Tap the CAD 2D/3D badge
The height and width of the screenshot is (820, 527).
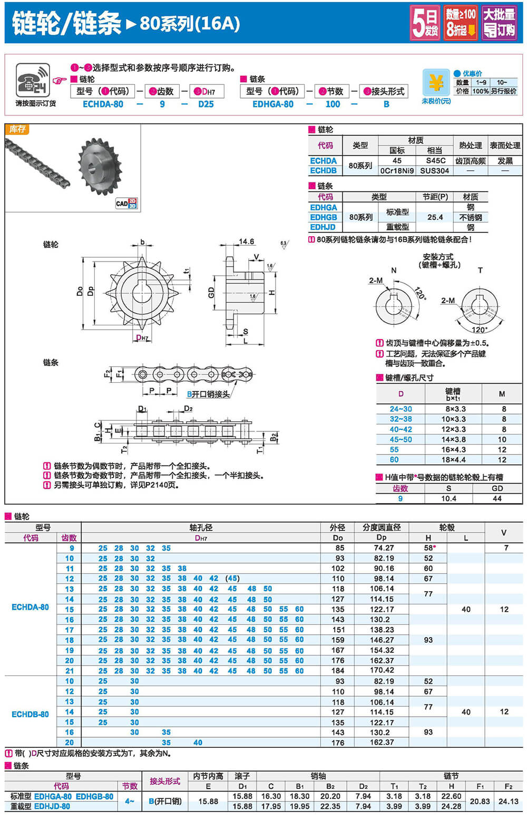(x=126, y=203)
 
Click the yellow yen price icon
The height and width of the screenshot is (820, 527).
(x=436, y=83)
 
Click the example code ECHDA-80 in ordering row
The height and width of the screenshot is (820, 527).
(x=103, y=104)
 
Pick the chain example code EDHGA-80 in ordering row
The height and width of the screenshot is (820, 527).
(x=272, y=104)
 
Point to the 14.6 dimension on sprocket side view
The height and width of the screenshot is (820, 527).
(x=246, y=242)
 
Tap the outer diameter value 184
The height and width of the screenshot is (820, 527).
(x=338, y=671)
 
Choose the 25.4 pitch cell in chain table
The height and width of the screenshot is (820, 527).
(x=435, y=217)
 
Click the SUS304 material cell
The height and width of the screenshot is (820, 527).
(x=434, y=170)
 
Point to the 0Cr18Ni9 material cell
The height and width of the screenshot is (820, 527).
(x=397, y=170)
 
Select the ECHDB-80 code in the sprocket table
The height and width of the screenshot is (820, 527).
(x=30, y=714)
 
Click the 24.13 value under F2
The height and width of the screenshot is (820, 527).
(x=508, y=801)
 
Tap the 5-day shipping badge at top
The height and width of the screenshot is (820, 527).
(x=425, y=23)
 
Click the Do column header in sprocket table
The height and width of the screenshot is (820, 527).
(x=337, y=538)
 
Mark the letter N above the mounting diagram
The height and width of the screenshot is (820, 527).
(x=394, y=271)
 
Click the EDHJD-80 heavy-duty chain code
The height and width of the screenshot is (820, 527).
(x=52, y=806)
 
